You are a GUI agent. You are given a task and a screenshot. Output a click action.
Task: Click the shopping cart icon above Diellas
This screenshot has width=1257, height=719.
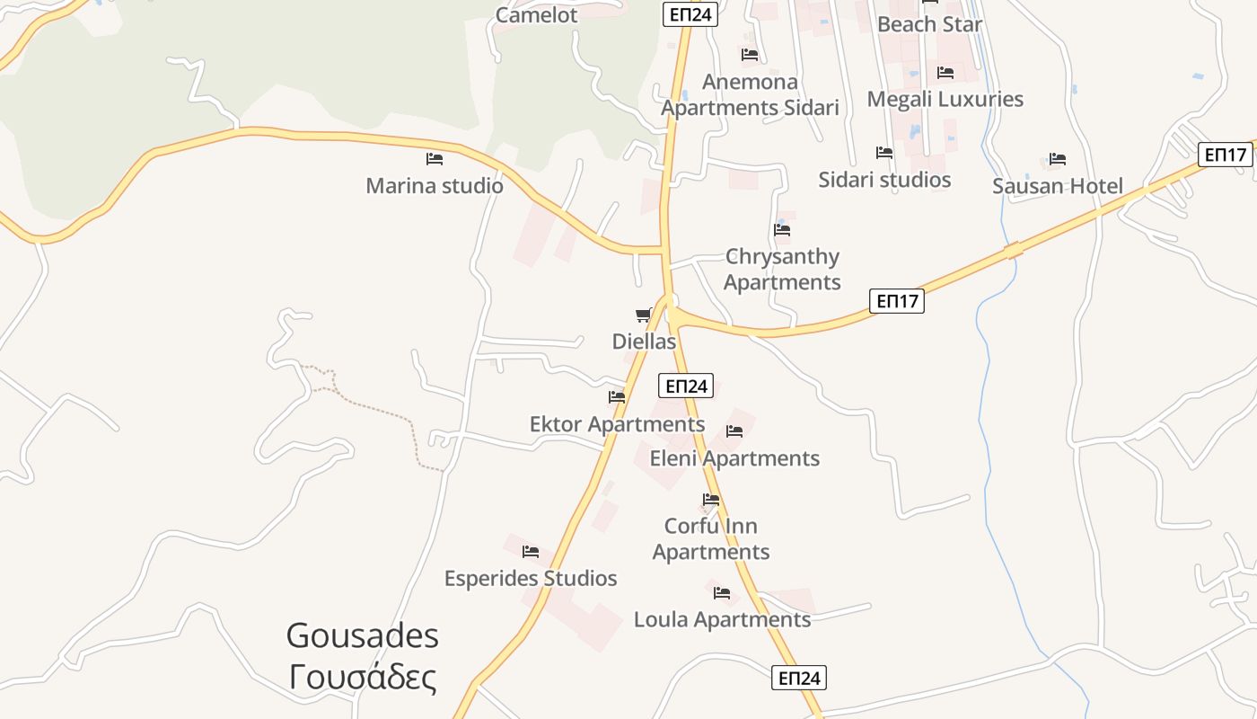pos(643,315)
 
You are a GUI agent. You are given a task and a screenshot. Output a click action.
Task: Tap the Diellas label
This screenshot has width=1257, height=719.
pos(644,342)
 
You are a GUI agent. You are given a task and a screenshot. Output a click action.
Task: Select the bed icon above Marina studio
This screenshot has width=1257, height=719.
pos(435,159)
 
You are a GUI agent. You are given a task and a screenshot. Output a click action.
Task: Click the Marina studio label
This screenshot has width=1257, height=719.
pos(435,186)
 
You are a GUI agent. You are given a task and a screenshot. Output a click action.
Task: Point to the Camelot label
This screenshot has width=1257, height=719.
pos(537,14)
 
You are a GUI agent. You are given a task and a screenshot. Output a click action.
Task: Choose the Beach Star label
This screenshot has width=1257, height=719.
pos(930,24)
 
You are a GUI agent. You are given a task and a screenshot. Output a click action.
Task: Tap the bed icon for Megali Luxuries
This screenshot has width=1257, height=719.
pos(945,73)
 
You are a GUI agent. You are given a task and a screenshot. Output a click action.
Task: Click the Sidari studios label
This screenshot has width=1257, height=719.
pos(884,180)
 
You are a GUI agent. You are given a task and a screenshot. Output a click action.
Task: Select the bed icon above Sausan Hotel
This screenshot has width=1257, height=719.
pos(1058,159)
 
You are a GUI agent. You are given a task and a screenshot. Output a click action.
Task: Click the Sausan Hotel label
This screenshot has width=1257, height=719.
pos(1058,186)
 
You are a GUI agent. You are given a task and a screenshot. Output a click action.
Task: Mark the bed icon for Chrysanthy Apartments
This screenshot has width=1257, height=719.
pos(782,229)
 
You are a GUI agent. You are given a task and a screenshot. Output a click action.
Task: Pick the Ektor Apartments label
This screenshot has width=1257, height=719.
pos(617,424)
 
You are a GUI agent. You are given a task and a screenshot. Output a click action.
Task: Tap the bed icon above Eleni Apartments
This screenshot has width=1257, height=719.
pos(734,431)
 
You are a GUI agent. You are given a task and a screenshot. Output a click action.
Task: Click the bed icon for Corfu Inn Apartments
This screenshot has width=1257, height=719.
pos(711,500)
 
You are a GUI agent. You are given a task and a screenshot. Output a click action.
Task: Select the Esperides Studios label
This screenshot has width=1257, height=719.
pos(531,578)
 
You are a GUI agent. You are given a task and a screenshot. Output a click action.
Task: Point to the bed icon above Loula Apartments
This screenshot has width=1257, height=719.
pos(722,593)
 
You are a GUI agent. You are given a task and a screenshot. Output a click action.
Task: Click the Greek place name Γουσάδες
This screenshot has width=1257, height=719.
pos(363,677)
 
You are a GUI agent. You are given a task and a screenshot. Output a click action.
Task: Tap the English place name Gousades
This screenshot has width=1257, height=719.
pos(363,635)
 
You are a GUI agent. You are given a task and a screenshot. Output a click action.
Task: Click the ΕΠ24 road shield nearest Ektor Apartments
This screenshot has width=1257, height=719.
pos(686,386)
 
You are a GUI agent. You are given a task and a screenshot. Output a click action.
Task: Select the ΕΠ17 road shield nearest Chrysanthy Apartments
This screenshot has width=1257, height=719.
pos(897,301)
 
